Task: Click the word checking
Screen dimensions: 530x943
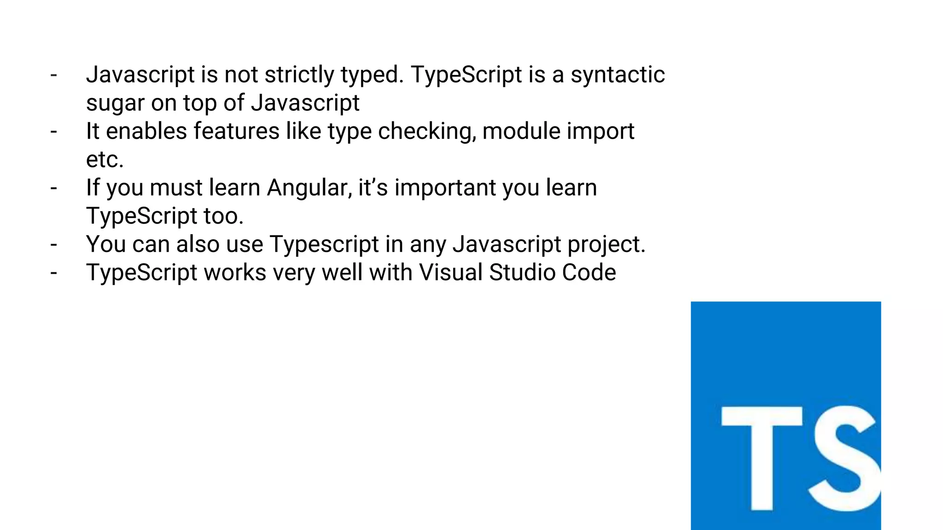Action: click(x=426, y=132)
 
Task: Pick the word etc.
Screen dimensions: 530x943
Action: click(x=105, y=160)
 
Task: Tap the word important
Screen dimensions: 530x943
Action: click(x=445, y=188)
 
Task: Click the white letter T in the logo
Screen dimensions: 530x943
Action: click(x=762, y=458)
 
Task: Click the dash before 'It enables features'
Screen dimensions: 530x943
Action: click(x=54, y=132)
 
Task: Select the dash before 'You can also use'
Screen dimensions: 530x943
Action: click(x=54, y=245)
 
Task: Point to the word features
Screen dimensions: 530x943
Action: click(x=236, y=132)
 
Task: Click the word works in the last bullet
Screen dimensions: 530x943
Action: click(x=235, y=272)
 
